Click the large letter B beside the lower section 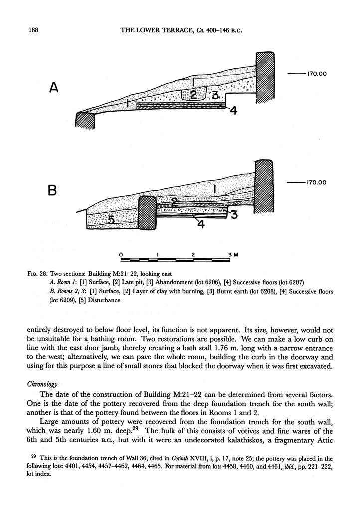click(x=53, y=190)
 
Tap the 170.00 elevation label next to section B click(x=316, y=183)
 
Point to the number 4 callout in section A click(x=233, y=112)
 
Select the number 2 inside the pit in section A click(x=194, y=94)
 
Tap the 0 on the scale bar click(x=122, y=254)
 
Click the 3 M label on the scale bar click(x=233, y=254)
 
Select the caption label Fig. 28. click(x=36, y=273)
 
